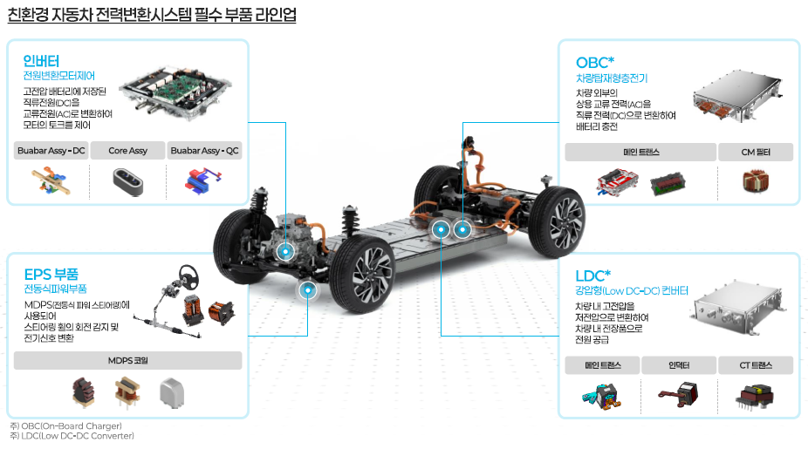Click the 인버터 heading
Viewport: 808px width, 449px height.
point(41,61)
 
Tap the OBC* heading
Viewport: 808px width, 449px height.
point(595,63)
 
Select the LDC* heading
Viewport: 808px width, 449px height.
point(592,276)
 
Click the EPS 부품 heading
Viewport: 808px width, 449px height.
point(51,274)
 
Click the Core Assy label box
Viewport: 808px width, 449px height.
point(127,150)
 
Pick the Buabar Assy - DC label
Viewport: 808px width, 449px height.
point(51,150)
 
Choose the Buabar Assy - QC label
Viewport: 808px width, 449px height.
point(204,150)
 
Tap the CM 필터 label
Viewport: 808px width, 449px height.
point(756,152)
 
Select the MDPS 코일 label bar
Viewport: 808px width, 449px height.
point(127,360)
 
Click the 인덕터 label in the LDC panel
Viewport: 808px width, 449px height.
point(679,365)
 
